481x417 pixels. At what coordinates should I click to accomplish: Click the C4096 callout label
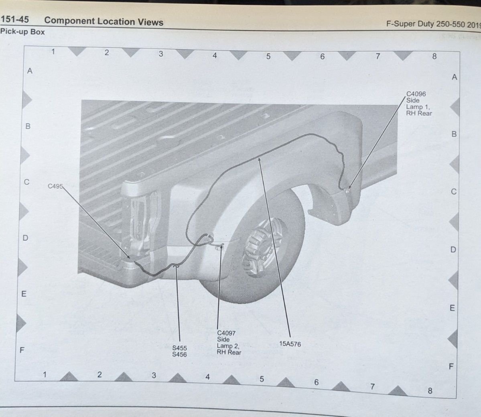(x=416, y=94)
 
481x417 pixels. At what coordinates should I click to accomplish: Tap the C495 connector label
(x=55, y=186)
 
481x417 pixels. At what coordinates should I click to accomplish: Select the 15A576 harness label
(x=290, y=344)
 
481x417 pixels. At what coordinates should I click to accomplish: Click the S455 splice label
(x=179, y=348)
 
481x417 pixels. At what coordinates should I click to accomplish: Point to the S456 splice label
(x=179, y=354)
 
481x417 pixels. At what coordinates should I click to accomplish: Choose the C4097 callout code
(x=226, y=333)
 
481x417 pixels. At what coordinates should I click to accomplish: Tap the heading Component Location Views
(x=104, y=21)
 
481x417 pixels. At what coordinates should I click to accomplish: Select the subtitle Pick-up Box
(x=22, y=32)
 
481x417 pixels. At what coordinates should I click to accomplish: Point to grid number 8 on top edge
(x=434, y=57)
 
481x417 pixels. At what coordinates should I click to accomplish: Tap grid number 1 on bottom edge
(x=45, y=374)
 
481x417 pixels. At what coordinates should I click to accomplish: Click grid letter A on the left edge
(x=29, y=71)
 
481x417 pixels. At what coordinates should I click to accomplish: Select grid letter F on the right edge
(x=451, y=366)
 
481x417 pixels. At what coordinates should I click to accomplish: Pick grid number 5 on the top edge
(x=268, y=57)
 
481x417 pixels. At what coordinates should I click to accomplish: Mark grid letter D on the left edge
(x=25, y=238)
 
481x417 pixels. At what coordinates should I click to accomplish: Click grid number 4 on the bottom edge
(x=208, y=377)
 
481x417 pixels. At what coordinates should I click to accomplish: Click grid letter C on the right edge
(x=453, y=192)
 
